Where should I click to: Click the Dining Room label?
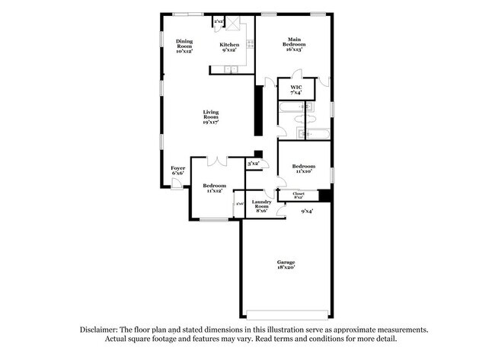(184, 46)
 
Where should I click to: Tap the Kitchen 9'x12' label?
(229, 48)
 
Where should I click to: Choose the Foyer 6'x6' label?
(177, 170)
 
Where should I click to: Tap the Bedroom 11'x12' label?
(214, 188)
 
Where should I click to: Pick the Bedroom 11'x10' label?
(304, 168)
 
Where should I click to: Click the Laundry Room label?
(261, 205)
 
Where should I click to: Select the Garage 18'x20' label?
(286, 264)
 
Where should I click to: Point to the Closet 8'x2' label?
(299, 195)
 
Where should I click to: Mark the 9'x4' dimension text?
(306, 211)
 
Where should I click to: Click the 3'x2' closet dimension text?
(253, 164)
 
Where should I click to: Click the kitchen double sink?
(229, 71)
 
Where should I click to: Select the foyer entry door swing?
(177, 185)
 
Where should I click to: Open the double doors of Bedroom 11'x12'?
(216, 161)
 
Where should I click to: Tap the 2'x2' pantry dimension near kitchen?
(218, 21)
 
